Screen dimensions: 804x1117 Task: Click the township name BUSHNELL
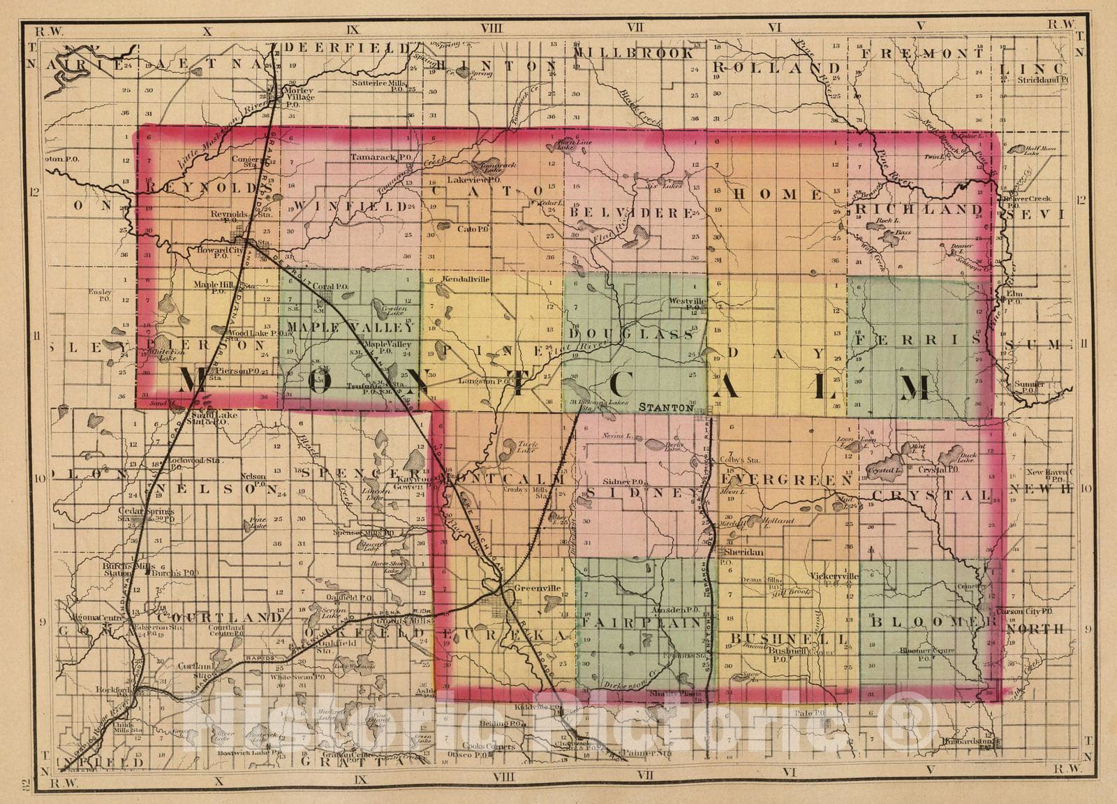point(789,638)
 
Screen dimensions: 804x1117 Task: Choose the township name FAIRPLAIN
point(643,622)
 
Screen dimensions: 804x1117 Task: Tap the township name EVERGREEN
point(786,481)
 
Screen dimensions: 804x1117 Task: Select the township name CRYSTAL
point(931,495)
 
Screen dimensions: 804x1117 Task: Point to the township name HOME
point(777,194)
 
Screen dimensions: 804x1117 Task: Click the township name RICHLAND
point(919,210)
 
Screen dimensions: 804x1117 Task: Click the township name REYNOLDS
point(202,187)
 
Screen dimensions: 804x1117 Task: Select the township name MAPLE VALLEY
point(350,327)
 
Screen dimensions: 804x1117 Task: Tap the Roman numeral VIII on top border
point(491,29)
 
